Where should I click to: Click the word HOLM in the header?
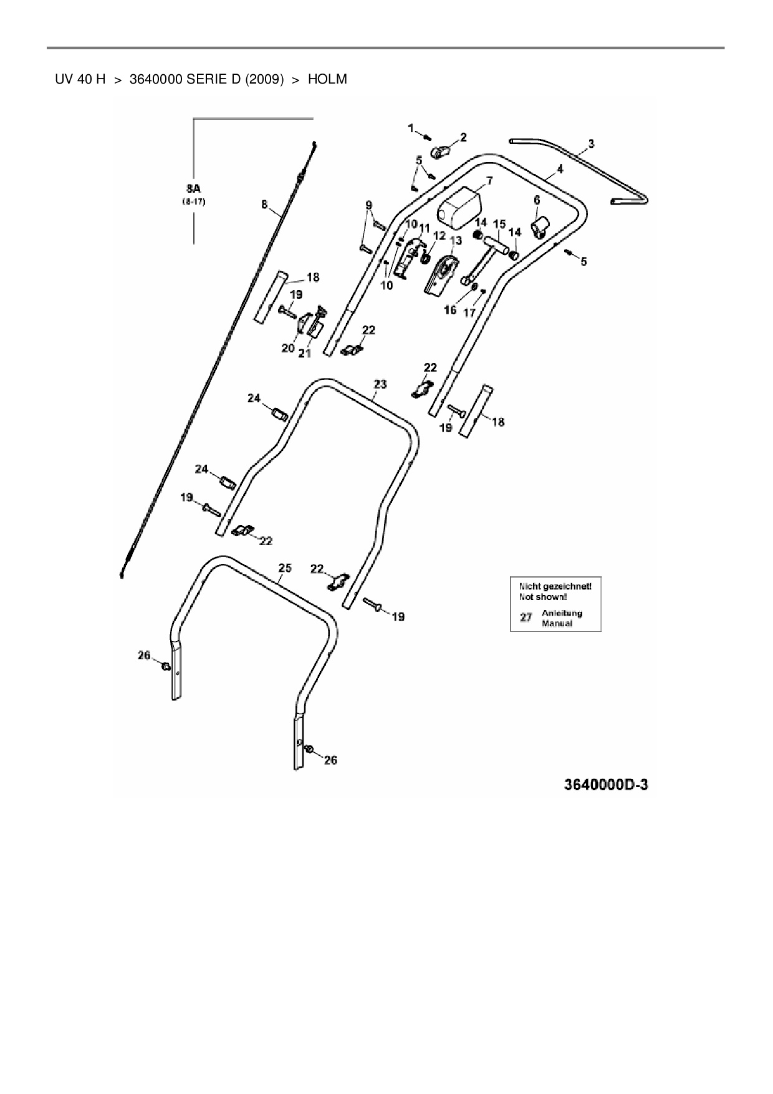click(327, 79)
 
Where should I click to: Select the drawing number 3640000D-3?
click(606, 785)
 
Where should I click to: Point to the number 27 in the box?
click(526, 617)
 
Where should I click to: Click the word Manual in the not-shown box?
click(557, 623)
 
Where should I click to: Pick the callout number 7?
click(489, 181)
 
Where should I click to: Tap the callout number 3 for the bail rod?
click(591, 144)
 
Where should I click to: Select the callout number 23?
click(380, 384)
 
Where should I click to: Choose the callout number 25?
click(284, 568)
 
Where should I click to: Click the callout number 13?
click(455, 240)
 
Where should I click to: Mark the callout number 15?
click(499, 224)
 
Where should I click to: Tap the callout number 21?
click(304, 354)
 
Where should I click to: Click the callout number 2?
click(463, 137)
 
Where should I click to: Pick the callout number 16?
click(450, 309)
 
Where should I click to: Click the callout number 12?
click(439, 236)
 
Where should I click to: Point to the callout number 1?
click(411, 128)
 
